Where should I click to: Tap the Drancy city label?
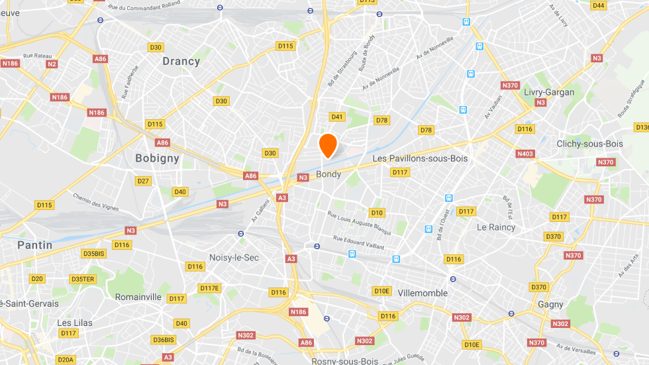(181, 61)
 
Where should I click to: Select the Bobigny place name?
(157, 158)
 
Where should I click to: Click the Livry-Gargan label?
(548, 92)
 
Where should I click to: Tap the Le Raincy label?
(496, 227)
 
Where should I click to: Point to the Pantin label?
(34, 245)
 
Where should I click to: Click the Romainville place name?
(138, 297)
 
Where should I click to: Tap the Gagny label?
(550, 305)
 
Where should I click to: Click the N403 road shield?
(525, 154)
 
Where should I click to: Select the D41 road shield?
(337, 117)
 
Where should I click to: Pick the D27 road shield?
(143, 181)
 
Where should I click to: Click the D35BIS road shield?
(94, 254)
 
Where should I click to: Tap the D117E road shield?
(209, 288)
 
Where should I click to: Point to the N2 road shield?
(52, 64)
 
